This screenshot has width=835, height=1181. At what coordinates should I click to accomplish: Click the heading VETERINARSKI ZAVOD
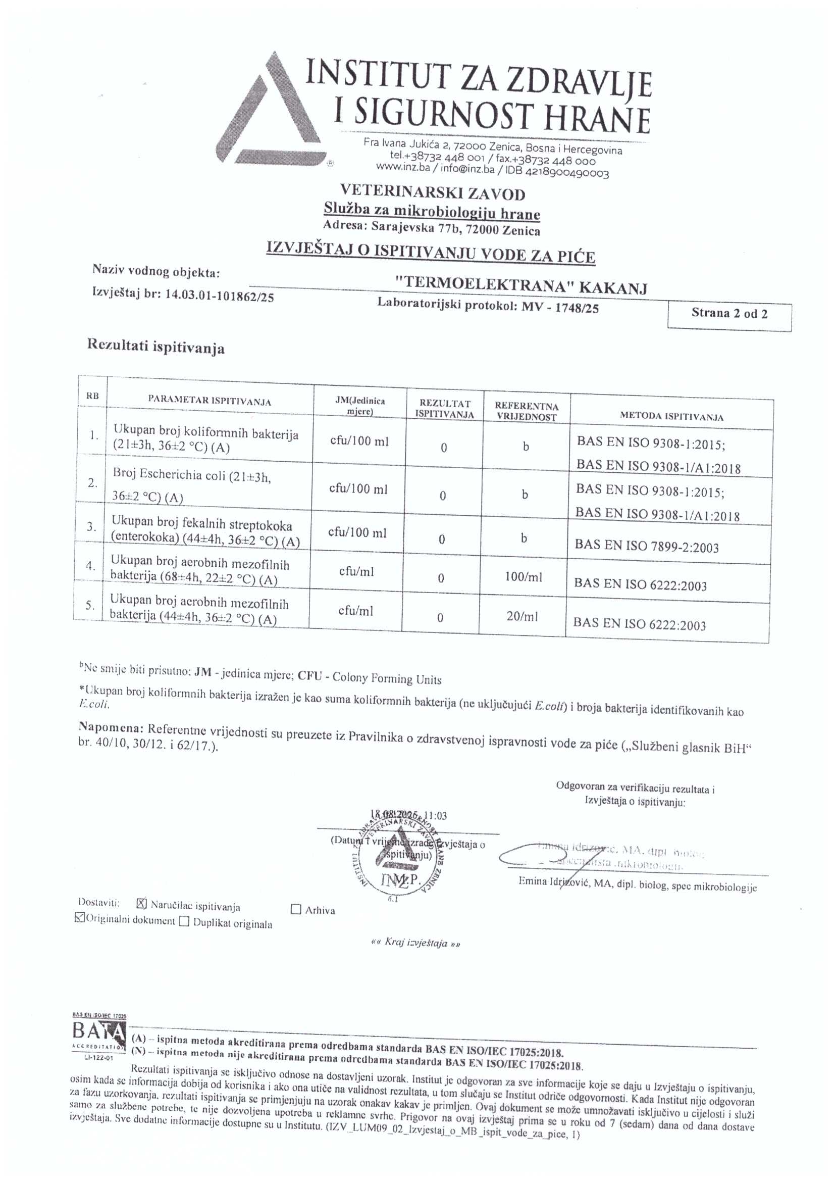(x=433, y=193)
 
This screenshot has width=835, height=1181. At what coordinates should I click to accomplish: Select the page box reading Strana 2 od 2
(x=729, y=314)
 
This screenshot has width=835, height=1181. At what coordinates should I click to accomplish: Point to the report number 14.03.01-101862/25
(x=220, y=297)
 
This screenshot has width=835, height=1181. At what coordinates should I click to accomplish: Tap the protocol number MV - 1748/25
(x=559, y=308)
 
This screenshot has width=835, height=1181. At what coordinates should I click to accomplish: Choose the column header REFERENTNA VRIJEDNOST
(x=527, y=412)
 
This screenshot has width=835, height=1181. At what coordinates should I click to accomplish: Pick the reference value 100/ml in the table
(x=524, y=577)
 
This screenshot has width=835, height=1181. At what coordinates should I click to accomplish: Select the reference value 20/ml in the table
(x=523, y=616)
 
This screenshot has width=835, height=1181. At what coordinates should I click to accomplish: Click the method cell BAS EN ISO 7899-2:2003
(x=646, y=546)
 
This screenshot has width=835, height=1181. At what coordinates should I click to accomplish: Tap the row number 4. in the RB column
(x=90, y=566)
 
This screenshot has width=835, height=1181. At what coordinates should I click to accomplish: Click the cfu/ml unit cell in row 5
(x=355, y=611)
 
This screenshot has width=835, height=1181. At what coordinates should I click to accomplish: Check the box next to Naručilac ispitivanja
(x=142, y=903)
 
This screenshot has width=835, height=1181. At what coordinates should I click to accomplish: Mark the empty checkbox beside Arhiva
(x=296, y=909)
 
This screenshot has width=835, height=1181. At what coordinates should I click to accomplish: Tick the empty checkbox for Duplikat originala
(x=184, y=921)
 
